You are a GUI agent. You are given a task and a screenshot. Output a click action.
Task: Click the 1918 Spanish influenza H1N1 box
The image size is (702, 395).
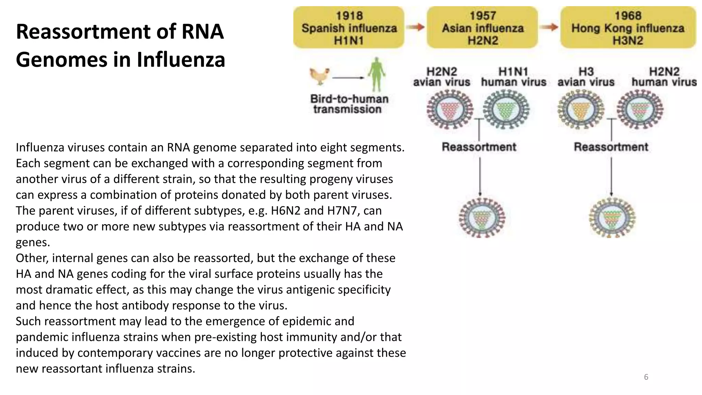point(349,27)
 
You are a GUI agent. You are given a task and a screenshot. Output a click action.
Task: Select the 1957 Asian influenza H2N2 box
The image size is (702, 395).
point(482,27)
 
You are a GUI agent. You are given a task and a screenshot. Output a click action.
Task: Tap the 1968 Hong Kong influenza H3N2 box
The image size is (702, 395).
point(628,27)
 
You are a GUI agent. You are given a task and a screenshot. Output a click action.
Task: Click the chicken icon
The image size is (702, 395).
point(319,76)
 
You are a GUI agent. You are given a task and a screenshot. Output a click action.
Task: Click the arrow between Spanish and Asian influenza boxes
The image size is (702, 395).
point(415,27)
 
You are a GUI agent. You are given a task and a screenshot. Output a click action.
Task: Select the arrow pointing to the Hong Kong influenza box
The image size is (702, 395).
point(549,27)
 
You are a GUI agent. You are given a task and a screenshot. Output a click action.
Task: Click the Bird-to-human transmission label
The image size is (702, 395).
point(349,104)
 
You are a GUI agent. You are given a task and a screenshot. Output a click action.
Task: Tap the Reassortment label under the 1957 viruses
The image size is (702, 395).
point(479,147)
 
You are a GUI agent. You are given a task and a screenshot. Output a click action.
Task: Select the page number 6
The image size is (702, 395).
point(646,377)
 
